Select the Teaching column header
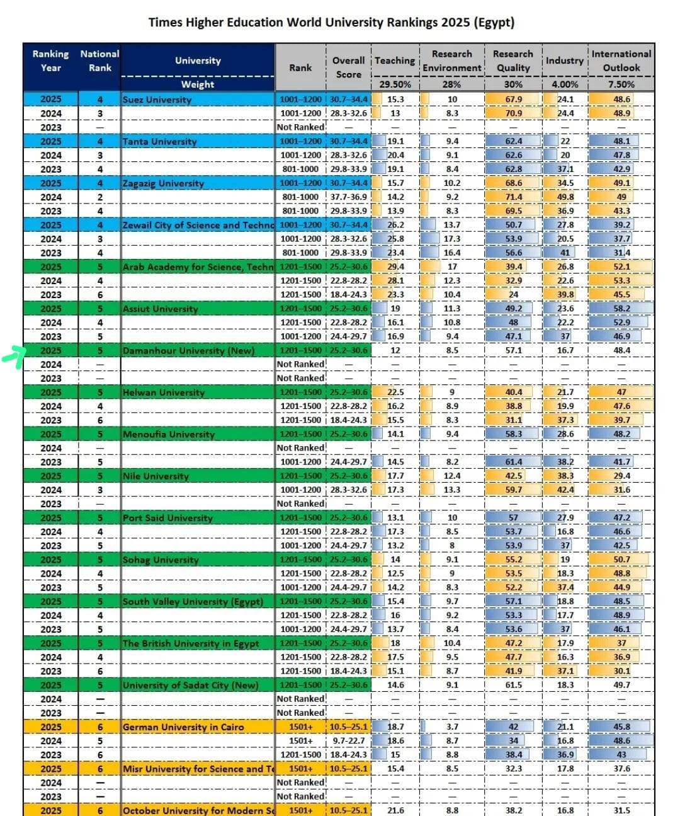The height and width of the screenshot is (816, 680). point(395,60)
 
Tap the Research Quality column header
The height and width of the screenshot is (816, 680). point(513,60)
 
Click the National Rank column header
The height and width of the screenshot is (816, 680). point(99,60)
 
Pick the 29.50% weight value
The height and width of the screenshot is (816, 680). point(395,84)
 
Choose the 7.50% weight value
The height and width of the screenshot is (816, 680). point(621,84)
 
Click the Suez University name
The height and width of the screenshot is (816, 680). point(157,100)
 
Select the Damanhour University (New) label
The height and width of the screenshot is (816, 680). point(188,350)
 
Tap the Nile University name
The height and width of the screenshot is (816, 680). point(156,476)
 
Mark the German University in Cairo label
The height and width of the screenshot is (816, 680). point(183,727)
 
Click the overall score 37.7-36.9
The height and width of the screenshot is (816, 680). point(349,197)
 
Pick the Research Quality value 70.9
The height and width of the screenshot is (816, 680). point(513,113)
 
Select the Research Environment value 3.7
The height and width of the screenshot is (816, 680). point(452,727)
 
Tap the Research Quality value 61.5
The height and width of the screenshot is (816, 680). point(513,685)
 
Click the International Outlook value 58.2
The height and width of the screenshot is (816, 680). point(621,309)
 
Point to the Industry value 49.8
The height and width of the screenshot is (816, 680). point(565,197)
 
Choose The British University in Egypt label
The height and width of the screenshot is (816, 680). point(191,643)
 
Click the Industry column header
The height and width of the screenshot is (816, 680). point(565,60)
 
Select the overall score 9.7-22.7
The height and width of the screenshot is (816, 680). point(349,741)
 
